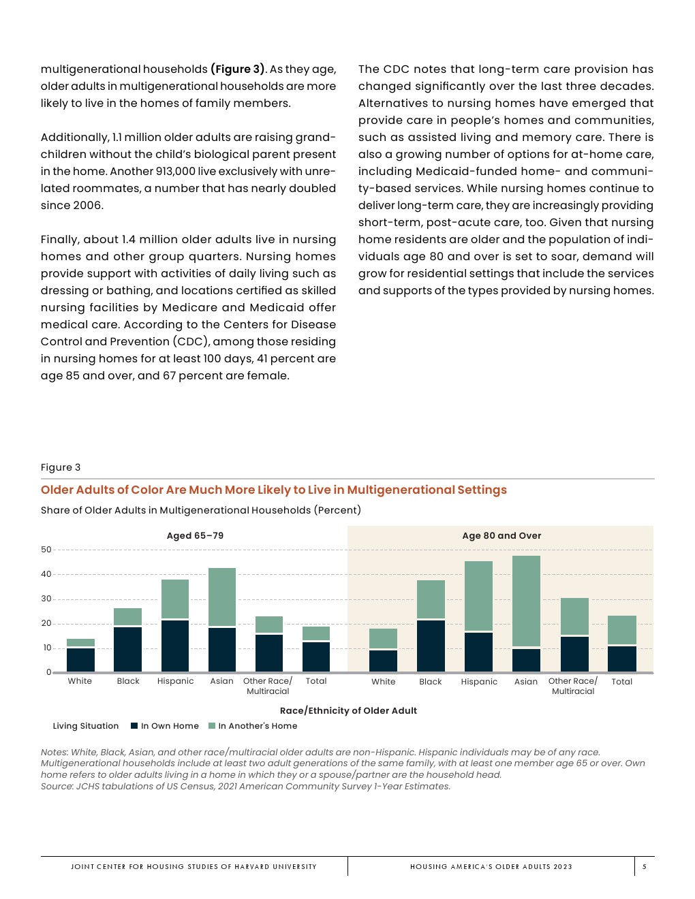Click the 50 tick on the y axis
[46, 550]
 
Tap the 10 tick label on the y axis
[47, 648]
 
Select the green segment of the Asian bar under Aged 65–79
[222, 597]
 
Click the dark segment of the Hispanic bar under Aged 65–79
[175, 646]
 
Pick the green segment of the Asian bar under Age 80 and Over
[526, 601]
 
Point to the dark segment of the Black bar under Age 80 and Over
[431, 646]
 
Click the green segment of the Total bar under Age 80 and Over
[622, 630]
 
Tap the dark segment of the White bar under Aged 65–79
[80, 660]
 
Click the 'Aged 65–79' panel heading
[195, 536]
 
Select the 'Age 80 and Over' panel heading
[501, 536]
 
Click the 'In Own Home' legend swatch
[135, 726]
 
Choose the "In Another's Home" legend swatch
[212, 726]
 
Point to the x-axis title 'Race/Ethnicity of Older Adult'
[348, 710]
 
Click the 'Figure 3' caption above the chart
[61, 467]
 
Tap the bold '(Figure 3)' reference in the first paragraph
[238, 69]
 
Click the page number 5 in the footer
[644, 867]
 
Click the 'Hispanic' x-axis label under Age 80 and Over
[479, 682]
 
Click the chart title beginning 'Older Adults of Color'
[273, 490]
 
